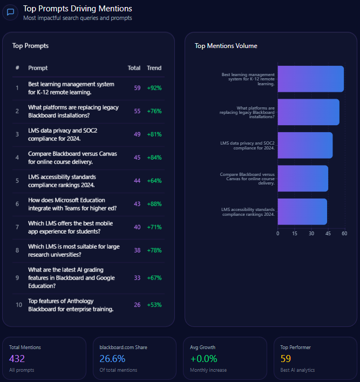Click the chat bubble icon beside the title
tap(10, 12)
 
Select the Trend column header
tap(154, 68)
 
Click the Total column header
tap(134, 68)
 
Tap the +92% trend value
tap(154, 88)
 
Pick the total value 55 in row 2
tap(137, 111)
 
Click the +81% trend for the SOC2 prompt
tap(154, 134)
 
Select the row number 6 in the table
tap(17, 204)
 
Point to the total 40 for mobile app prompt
tap(137, 227)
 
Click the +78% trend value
tap(154, 250)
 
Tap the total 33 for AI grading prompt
tap(137, 278)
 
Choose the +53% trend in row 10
tap(154, 305)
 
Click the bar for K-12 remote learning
tap(310, 79)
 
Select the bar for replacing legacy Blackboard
tap(308, 112)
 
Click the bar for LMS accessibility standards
tap(302, 212)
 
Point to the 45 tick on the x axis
tap(328, 234)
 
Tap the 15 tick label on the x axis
tap(295, 234)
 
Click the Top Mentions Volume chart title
tap(226, 46)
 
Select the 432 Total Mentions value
tap(17, 359)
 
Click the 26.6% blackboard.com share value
tap(112, 359)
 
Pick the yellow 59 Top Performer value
tap(286, 359)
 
